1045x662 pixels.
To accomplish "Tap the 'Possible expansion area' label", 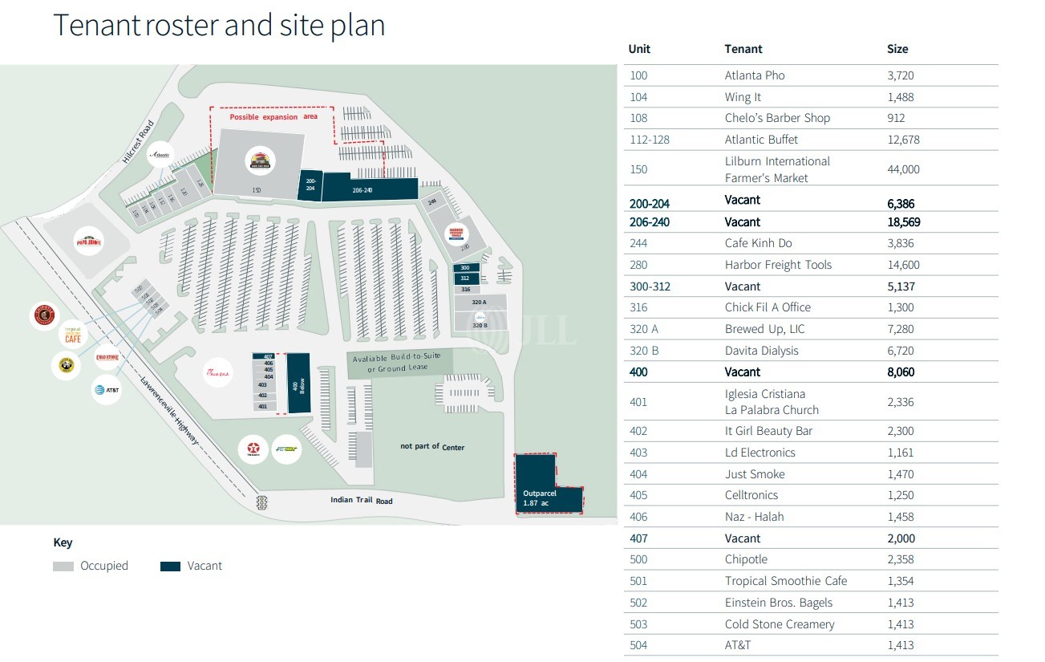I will [273, 117].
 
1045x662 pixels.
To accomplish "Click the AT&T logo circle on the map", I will [107, 390].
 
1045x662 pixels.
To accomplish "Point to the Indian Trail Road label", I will [362, 501].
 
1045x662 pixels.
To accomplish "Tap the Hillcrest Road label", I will [137, 142].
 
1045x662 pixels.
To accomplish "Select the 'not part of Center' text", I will [432, 446].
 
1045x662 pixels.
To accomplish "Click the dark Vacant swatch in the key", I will [170, 566].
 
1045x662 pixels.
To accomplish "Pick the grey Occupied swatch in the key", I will [63, 566].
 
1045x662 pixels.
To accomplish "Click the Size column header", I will [897, 49].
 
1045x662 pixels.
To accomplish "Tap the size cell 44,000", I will [903, 169].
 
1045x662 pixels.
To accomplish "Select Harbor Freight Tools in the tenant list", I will [778, 265].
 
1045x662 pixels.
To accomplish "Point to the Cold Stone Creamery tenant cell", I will [780, 624].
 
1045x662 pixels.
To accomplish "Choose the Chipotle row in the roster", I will [746, 559].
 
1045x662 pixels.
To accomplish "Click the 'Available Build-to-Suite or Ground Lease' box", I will [399, 363].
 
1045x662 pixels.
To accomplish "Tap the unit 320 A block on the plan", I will [480, 303].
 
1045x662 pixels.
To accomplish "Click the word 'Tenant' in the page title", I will [95, 25].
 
